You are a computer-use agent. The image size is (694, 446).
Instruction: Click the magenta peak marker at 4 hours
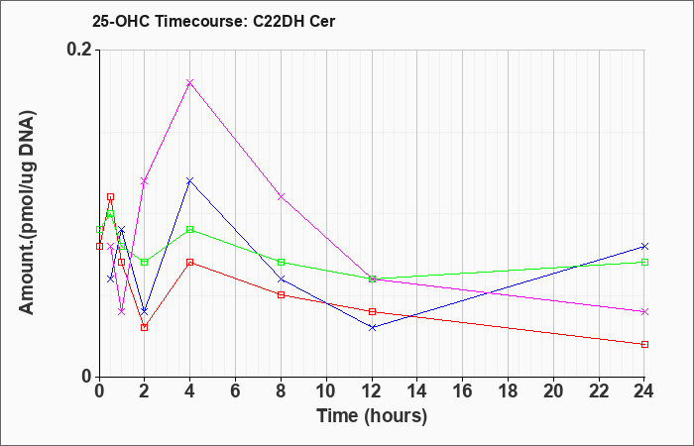click(x=190, y=82)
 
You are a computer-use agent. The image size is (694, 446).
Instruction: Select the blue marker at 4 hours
click(x=190, y=180)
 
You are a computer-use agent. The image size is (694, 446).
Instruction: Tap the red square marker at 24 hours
click(x=644, y=344)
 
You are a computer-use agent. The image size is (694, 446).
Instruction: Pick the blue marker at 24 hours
click(x=644, y=246)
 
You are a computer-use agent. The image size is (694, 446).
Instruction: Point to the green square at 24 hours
click(x=644, y=262)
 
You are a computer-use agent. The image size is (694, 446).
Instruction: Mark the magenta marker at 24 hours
click(x=644, y=311)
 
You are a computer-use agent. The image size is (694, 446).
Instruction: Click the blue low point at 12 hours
click(x=372, y=327)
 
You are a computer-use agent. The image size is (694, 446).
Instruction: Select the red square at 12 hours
click(x=372, y=311)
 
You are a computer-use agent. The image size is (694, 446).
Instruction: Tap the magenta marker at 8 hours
click(x=281, y=196)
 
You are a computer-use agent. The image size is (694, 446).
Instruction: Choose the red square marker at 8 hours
click(x=281, y=294)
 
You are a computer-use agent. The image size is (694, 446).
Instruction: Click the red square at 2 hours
click(x=145, y=327)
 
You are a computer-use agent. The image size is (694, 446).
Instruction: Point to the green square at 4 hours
click(x=190, y=229)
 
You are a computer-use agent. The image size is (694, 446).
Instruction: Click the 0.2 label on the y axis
click(x=79, y=50)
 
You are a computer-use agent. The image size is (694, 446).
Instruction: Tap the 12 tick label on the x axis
click(x=372, y=391)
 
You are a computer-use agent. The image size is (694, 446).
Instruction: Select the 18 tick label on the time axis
click(x=508, y=391)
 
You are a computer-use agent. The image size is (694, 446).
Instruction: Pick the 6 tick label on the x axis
click(x=236, y=391)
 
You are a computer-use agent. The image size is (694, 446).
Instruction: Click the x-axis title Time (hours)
click(x=372, y=416)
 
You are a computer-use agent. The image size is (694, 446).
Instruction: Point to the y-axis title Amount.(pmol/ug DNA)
click(x=28, y=213)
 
